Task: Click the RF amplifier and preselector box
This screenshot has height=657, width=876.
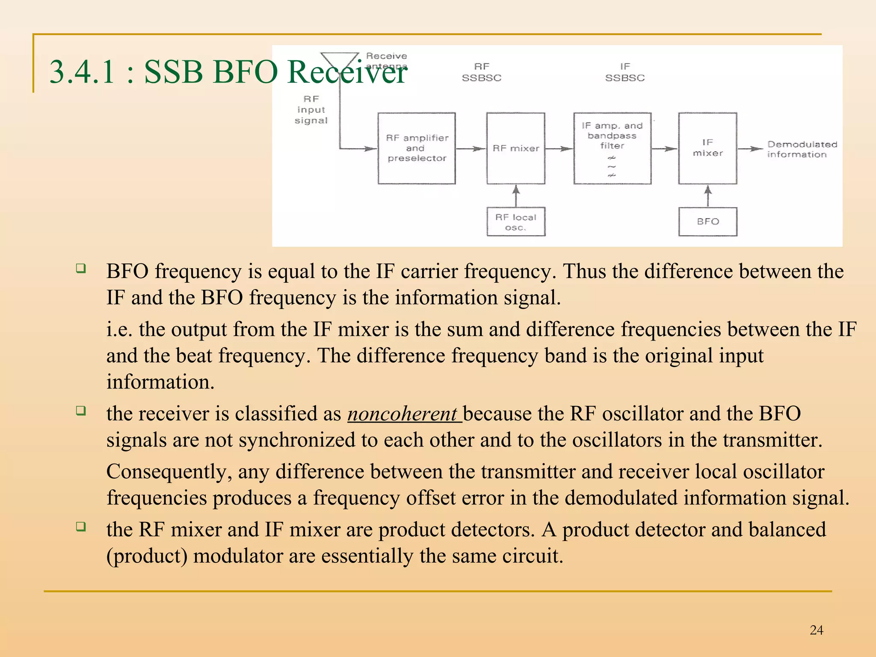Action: pos(416,148)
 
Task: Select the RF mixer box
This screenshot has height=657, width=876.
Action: pos(515,148)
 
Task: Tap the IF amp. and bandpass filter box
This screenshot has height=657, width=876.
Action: pos(612,148)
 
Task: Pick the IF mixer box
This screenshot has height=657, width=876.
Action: pos(707,148)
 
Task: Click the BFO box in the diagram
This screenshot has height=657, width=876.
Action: pos(707,222)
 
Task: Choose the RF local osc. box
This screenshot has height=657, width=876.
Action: pos(515,222)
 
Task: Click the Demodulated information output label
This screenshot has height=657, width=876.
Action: pos(801,149)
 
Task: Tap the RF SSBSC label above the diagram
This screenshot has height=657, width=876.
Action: pos(482,72)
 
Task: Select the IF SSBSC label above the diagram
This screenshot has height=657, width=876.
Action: pos(624,72)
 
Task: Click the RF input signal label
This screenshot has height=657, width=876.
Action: pos(311,110)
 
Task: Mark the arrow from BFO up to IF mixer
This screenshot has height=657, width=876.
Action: pos(708,195)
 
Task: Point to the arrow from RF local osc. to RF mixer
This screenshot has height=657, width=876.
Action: pos(516,195)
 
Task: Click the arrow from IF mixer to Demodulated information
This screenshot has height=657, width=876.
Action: pos(751,149)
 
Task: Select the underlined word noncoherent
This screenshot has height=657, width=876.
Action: pos(402,414)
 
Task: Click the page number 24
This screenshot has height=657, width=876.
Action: pos(816,630)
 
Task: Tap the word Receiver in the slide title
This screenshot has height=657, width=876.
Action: pos(347,71)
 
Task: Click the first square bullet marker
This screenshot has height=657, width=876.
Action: pos(81,268)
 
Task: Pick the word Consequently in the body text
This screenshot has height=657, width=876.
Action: pos(169,472)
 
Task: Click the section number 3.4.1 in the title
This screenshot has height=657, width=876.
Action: pos(82,71)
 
